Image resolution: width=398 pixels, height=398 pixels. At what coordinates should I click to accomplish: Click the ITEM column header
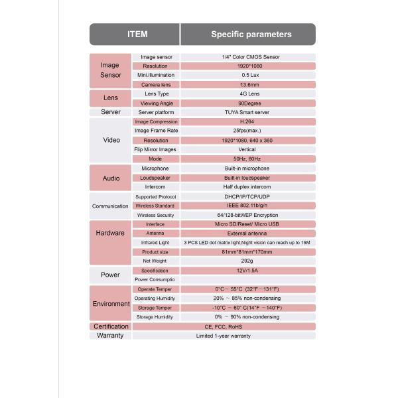pyautogui.click(x=137, y=34)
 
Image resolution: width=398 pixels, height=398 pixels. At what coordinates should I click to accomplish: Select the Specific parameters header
pyautogui.click(x=251, y=34)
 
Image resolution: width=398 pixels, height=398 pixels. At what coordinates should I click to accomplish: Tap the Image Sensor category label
pyautogui.click(x=110, y=70)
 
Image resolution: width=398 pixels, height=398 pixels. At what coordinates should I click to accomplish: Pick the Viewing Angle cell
pyautogui.click(x=157, y=103)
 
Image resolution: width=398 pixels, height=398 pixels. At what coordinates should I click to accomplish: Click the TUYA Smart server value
pyautogui.click(x=247, y=113)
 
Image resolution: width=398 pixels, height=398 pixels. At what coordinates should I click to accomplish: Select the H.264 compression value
pyautogui.click(x=247, y=122)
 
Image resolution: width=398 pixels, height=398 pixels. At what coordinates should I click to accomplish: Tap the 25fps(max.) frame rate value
pyautogui.click(x=247, y=131)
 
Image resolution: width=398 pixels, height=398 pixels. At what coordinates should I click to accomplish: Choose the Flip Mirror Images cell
pyautogui.click(x=157, y=150)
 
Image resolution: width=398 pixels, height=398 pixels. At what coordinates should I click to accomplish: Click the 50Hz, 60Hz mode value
pyautogui.click(x=247, y=159)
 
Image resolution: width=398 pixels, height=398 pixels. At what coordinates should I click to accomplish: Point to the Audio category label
pyautogui.click(x=111, y=178)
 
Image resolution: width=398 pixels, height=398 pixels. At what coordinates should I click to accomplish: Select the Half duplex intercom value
pyautogui.click(x=247, y=187)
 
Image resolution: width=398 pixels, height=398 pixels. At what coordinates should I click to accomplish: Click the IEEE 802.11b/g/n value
pyautogui.click(x=247, y=206)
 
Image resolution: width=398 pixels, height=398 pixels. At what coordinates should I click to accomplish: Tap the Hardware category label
pyautogui.click(x=111, y=233)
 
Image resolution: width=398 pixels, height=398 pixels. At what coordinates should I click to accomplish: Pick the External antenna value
pyautogui.click(x=247, y=233)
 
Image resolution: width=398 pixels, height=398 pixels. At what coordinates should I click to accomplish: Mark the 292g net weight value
pyautogui.click(x=247, y=261)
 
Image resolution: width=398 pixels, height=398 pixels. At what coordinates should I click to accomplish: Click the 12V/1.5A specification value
pyautogui.click(x=247, y=271)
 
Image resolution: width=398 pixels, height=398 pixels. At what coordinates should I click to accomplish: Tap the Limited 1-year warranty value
pyautogui.click(x=224, y=336)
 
